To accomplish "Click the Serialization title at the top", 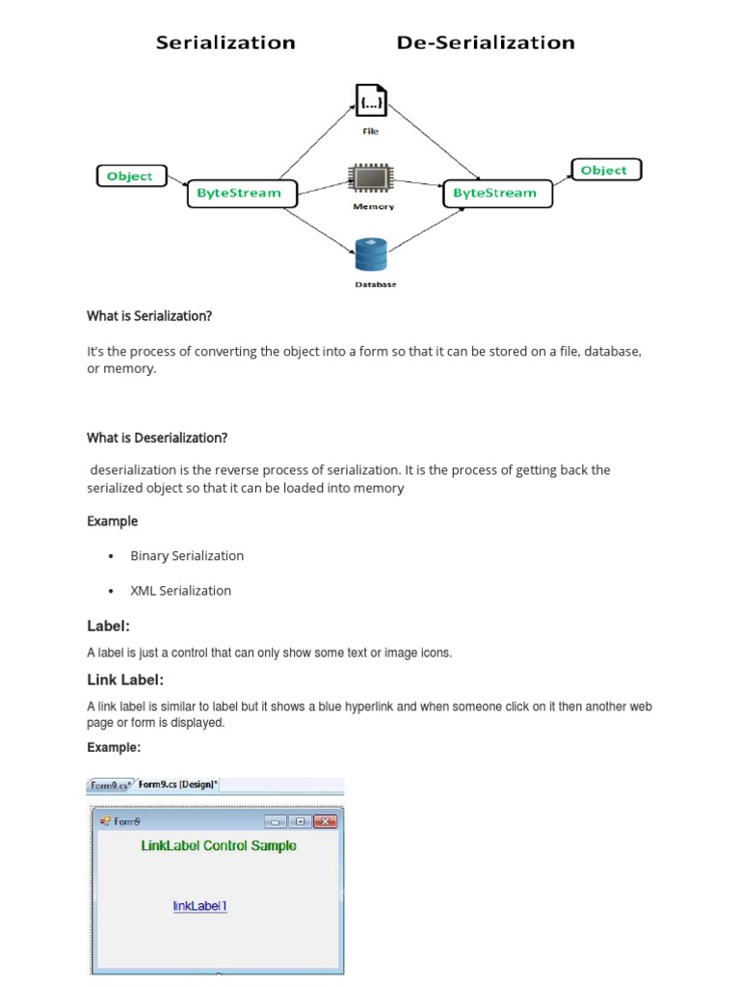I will pos(225,42).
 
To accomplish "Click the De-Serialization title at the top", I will pos(486,42).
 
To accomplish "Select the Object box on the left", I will pos(130,176).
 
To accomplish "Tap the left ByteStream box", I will pos(239,193).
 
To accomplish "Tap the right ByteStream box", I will pos(495,193).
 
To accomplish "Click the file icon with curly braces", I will pos(371,101).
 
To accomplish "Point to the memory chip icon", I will pos(371,180).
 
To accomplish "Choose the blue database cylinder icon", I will pos(371,255).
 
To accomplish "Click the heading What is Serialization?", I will pos(149,316).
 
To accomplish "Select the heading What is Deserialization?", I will pos(157,438).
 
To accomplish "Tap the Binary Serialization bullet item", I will pos(187,556).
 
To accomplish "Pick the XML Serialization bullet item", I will pos(181,591).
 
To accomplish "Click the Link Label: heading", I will pos(125,680).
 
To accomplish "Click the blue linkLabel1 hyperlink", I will pos(199,906).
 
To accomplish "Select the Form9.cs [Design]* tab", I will pos(177,785).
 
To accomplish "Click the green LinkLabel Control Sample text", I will pos(219,846).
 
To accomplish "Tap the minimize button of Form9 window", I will pos(276,821).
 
